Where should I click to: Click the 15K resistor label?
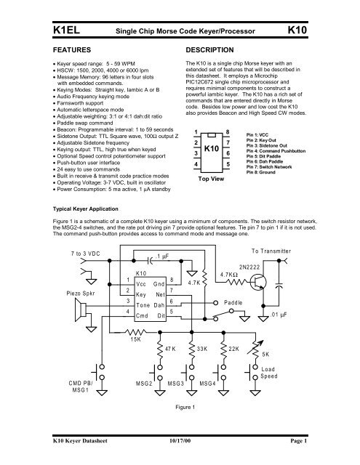pyautogui.click(x=135, y=339)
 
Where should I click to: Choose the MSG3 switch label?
pyautogui.click(x=179, y=403)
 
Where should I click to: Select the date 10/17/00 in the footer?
pyautogui.click(x=179, y=459)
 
